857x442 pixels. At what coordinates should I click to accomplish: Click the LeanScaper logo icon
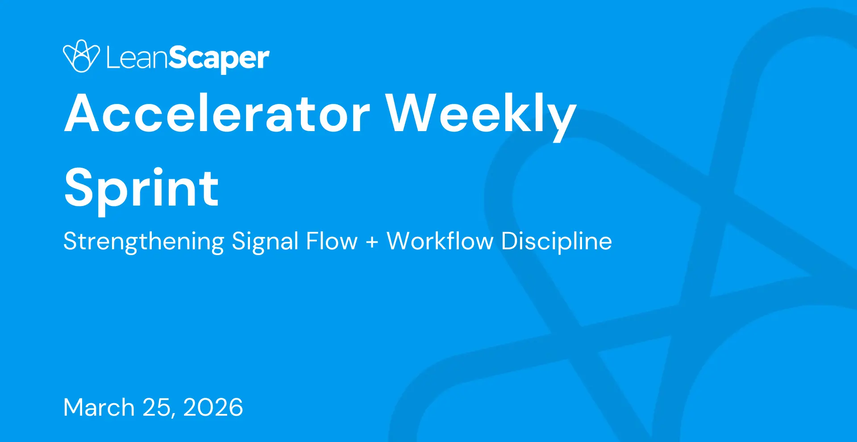pyautogui.click(x=81, y=56)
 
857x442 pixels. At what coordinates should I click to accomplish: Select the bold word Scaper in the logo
pyautogui.click(x=219, y=59)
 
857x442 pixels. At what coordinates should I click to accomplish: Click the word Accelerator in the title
pyautogui.click(x=217, y=113)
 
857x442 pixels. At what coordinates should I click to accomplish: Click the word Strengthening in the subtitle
pyautogui.click(x=144, y=242)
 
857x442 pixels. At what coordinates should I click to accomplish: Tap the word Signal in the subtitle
pyautogui.click(x=265, y=242)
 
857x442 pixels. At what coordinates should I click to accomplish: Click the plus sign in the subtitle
pyautogui.click(x=372, y=243)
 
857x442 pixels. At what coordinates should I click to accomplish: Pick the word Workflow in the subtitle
pyautogui.click(x=440, y=241)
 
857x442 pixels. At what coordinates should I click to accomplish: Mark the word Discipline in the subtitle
pyautogui.click(x=556, y=242)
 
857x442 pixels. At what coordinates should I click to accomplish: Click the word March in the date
pyautogui.click(x=99, y=407)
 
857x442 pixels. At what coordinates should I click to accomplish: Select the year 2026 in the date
pyautogui.click(x=213, y=407)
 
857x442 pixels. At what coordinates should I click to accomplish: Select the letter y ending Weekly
pyautogui.click(x=559, y=122)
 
